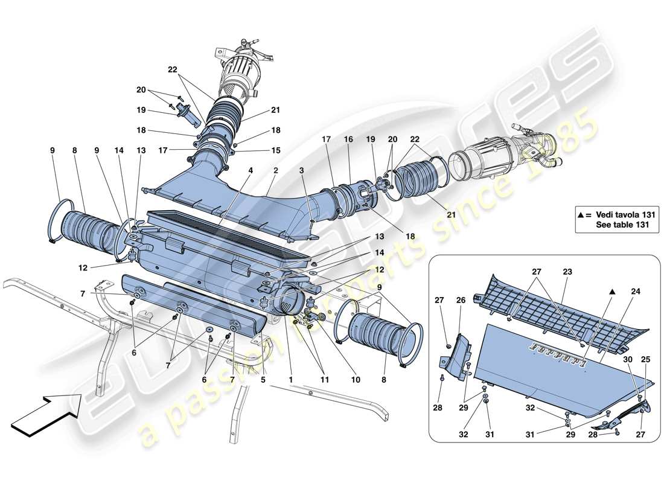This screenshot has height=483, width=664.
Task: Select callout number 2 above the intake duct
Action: coord(275,171)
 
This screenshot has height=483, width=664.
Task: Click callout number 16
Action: coord(348,139)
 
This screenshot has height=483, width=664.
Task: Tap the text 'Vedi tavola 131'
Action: coord(620,214)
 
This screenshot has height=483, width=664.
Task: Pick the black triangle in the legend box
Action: coord(581,214)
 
